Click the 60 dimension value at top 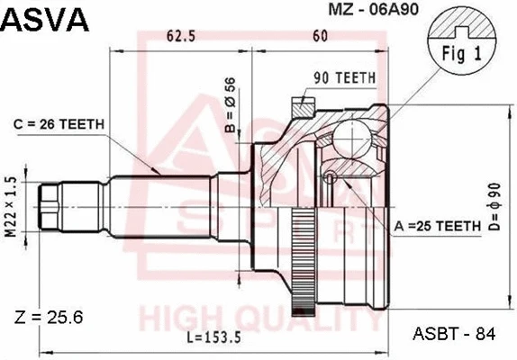320,37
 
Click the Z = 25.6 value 50,317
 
